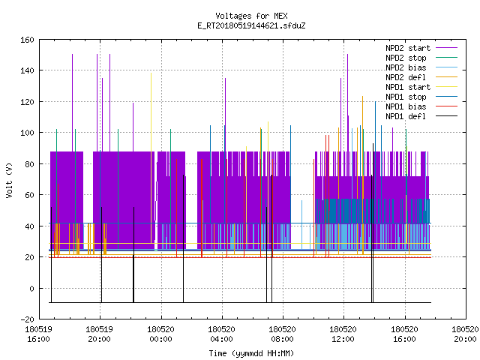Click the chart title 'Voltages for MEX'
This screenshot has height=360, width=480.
[251, 16]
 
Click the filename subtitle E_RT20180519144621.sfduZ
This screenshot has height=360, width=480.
[251, 25]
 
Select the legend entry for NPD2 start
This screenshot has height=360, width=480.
[421, 48]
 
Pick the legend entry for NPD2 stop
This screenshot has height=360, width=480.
[421, 58]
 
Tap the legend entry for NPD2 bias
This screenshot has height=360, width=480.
[421, 67]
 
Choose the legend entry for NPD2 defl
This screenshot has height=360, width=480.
[421, 77]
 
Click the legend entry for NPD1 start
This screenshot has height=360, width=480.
[421, 87]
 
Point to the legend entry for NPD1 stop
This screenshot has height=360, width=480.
[421, 97]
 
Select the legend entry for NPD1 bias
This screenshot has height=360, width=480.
[421, 106]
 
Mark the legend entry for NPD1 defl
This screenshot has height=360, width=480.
[421, 116]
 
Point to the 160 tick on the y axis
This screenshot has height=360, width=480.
[27, 40]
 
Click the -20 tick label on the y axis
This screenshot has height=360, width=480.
[27, 319]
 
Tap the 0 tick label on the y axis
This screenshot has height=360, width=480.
[31, 288]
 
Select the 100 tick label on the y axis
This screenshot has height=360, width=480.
[27, 133]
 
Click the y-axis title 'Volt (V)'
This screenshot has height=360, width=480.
[9, 180]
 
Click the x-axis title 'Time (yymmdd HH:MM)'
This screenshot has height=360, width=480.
[251, 353]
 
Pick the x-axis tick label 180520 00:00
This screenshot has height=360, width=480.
[161, 334]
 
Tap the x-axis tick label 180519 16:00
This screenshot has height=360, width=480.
[38, 334]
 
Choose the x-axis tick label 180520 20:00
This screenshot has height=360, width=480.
[465, 334]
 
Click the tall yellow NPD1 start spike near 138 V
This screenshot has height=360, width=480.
[151, 158]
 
